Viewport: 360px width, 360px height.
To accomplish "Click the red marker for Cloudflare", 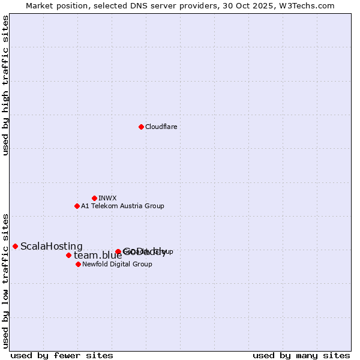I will point(141,127).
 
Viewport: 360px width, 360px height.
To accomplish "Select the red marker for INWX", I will point(94,198).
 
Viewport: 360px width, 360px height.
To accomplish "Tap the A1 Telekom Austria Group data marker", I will point(77,206).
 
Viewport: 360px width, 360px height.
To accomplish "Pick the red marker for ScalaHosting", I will point(15,246).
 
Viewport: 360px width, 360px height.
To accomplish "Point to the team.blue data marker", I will point(68,255).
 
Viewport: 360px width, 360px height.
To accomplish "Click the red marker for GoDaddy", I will point(118,252).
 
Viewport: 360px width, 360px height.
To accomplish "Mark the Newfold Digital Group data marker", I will point(78,264).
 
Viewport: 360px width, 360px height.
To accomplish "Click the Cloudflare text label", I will point(161,127).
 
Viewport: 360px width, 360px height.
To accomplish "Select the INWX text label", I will point(107,198).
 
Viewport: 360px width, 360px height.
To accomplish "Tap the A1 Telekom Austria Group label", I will point(122,206).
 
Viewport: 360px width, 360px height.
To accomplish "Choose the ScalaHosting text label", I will point(52,246).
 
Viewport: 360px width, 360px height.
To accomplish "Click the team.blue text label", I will point(97,256).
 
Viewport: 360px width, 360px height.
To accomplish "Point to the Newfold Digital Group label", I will point(117,264).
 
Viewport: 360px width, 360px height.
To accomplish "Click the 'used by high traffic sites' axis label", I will point(6,85).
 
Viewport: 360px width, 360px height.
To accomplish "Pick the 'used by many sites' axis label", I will point(301,356).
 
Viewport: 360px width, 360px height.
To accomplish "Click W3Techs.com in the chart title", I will point(308,5).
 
